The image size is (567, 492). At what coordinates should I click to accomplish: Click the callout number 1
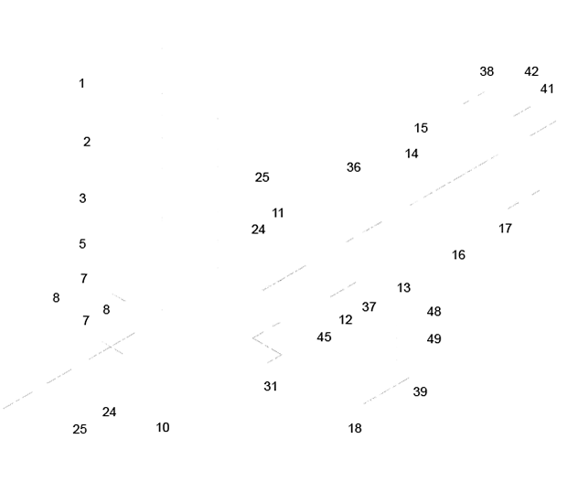(81, 83)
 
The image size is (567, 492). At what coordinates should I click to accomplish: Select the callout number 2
(87, 142)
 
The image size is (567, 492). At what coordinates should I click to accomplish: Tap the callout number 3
(82, 198)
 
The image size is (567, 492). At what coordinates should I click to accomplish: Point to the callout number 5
(82, 244)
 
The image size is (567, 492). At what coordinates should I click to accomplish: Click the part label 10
(163, 427)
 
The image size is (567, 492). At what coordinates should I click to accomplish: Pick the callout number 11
(278, 213)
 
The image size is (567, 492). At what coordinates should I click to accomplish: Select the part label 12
(346, 320)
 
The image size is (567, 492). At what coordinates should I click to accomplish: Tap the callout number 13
(403, 288)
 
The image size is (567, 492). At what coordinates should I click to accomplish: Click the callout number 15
(421, 128)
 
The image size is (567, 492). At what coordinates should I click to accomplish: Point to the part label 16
(458, 255)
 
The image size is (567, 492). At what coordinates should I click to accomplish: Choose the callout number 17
(505, 229)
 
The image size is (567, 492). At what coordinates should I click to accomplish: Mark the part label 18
(355, 428)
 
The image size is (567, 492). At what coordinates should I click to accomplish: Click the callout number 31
(271, 387)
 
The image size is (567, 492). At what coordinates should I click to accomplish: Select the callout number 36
(353, 167)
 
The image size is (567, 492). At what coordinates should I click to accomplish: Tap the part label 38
(487, 71)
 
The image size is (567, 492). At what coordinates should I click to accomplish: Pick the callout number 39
(420, 391)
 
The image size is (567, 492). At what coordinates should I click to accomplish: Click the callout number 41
(547, 89)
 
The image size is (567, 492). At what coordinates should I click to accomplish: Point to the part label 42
(531, 71)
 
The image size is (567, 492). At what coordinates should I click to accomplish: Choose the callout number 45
(324, 337)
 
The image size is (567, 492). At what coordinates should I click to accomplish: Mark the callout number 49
(433, 339)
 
